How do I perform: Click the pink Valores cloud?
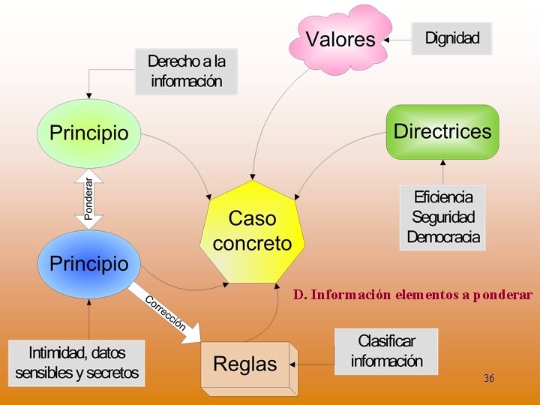click(x=341, y=39)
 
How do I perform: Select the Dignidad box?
click(x=451, y=38)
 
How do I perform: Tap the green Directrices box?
click(x=442, y=133)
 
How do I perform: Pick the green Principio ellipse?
click(x=88, y=133)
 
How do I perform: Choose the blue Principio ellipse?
click(x=88, y=263)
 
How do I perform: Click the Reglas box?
click(x=245, y=365)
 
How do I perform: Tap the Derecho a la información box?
click(x=186, y=71)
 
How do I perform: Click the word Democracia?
click(x=442, y=237)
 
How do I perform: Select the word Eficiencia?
click(x=442, y=197)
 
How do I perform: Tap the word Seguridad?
click(x=442, y=217)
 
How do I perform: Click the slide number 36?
click(x=489, y=378)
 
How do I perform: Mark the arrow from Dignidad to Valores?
click(x=397, y=38)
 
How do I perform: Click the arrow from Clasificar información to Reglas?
click(x=313, y=364)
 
